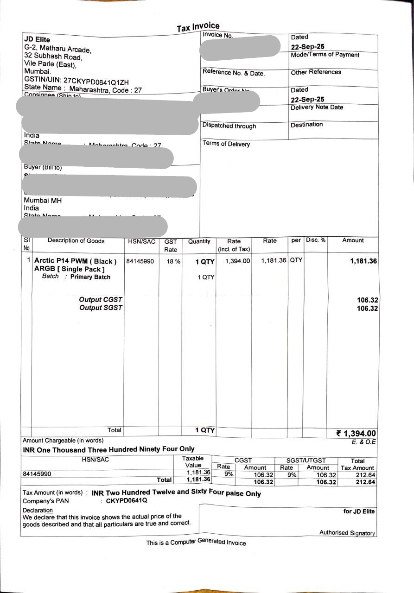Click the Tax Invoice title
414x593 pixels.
click(x=198, y=27)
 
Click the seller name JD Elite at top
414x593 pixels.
click(x=37, y=39)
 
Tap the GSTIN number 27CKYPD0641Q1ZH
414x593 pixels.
click(x=96, y=82)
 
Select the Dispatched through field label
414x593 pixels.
click(x=229, y=126)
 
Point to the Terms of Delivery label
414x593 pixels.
click(x=226, y=144)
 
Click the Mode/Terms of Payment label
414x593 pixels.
click(x=325, y=55)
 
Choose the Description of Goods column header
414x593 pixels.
click(x=76, y=241)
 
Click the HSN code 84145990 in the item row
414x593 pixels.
click(x=140, y=261)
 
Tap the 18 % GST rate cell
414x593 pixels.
click(x=173, y=261)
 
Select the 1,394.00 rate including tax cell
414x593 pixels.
click(x=237, y=261)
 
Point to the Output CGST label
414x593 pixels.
click(x=101, y=300)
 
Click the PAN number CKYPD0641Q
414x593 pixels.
click(x=127, y=501)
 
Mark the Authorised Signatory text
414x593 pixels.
click(x=347, y=533)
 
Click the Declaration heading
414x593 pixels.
click(x=38, y=510)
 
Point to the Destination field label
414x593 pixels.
click(x=306, y=125)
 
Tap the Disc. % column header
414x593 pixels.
click(x=315, y=240)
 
